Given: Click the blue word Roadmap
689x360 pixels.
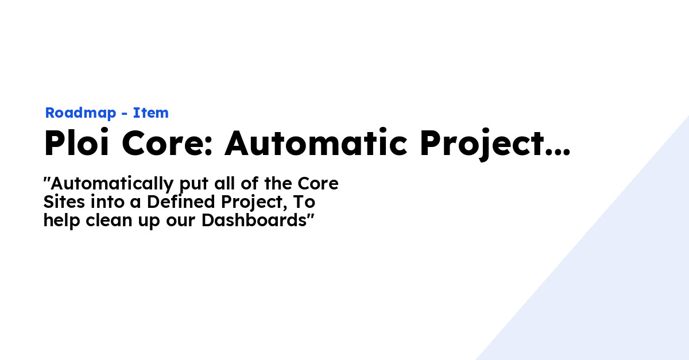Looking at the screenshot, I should point(80,113).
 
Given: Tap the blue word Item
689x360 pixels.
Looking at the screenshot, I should point(151,113).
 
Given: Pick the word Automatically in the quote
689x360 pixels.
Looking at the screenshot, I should point(112,184).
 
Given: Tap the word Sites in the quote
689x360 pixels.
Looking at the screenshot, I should point(61,203).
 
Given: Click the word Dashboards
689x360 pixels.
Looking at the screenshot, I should point(254,221).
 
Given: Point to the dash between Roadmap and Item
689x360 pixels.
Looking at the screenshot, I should point(125,114).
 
